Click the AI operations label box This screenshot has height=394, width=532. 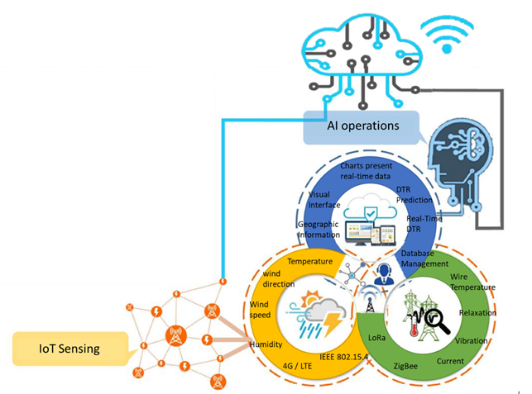[x=362, y=126]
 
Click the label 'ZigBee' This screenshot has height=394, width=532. [x=406, y=364]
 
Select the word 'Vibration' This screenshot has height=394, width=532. [x=471, y=340]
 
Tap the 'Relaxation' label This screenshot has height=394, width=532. [x=477, y=313]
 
